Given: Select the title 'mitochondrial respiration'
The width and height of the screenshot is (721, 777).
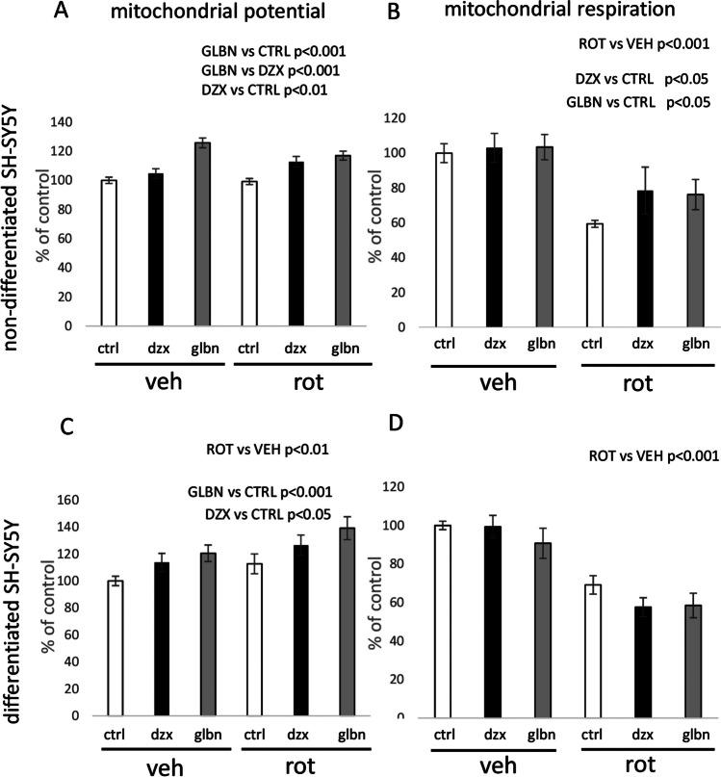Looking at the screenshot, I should (x=556, y=15).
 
